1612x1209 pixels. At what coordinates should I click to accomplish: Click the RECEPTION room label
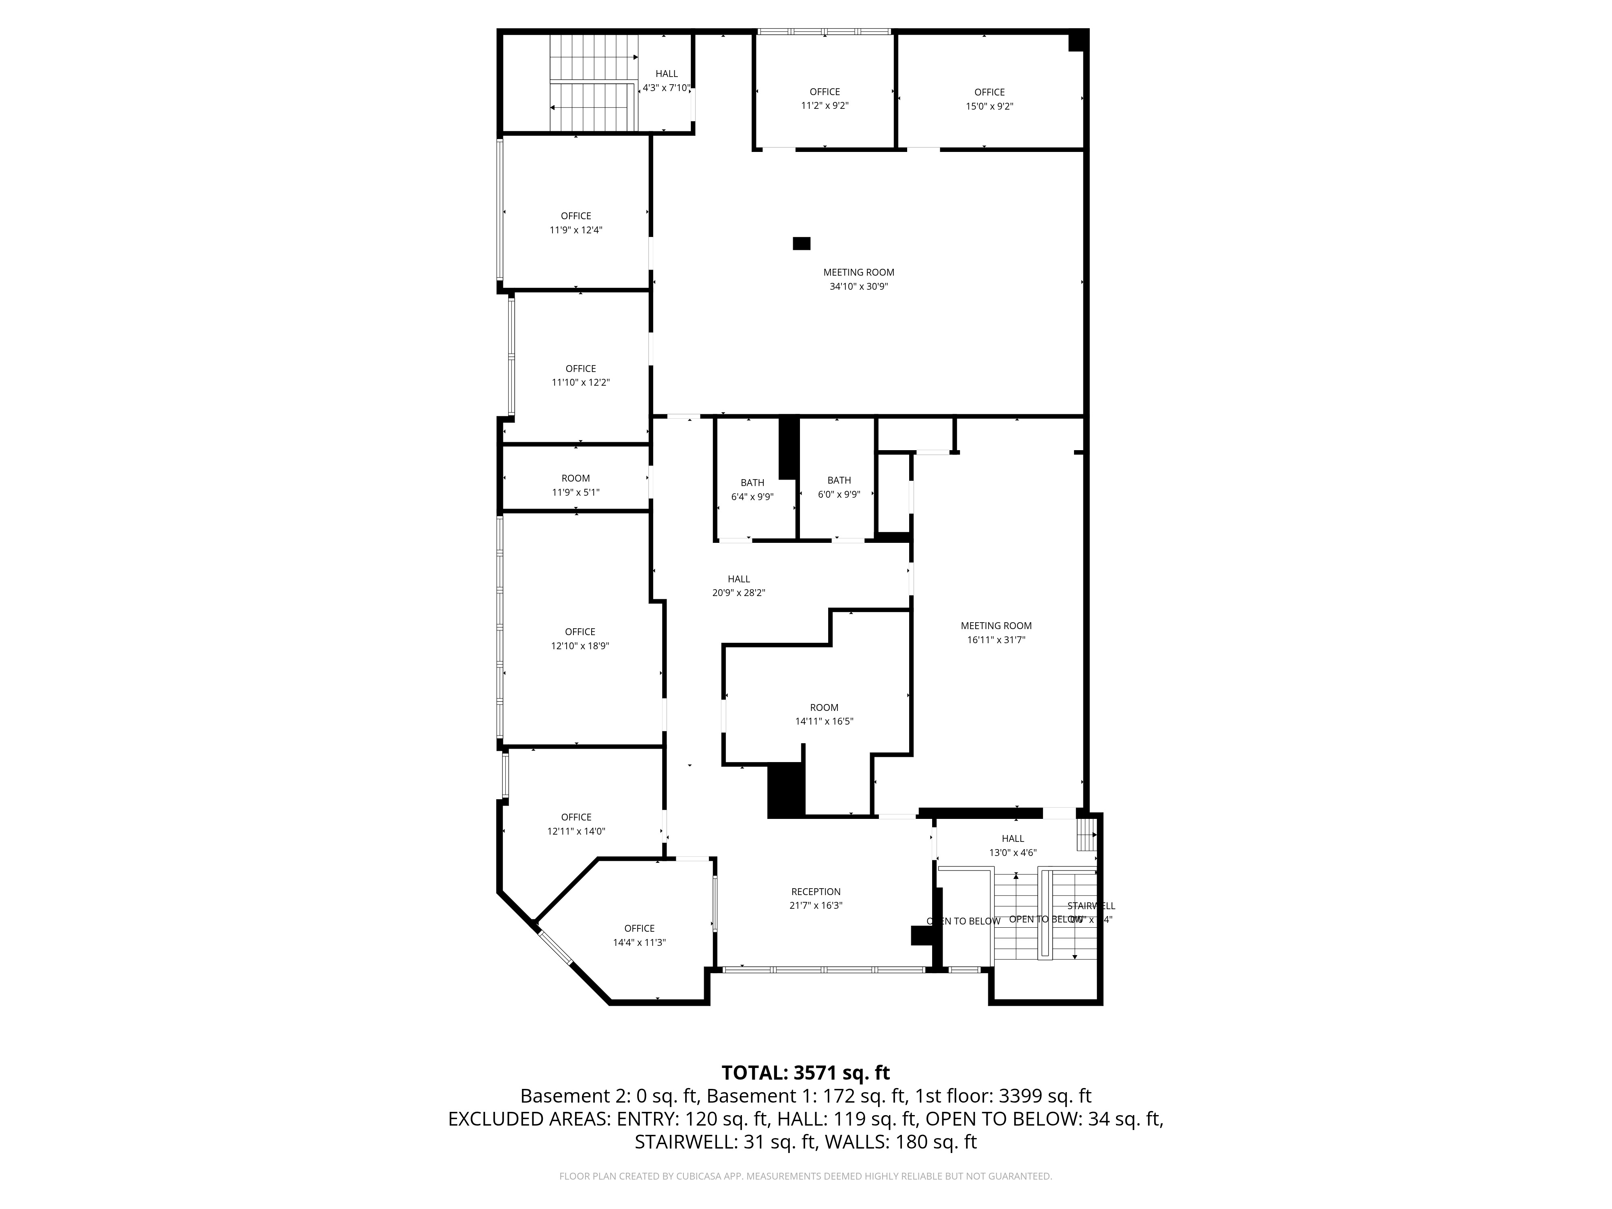816,891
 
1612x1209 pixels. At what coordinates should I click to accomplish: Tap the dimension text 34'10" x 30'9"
858,287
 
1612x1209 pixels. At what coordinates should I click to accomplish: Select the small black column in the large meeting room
801,243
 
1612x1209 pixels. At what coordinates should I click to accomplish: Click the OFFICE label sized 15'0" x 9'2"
989,92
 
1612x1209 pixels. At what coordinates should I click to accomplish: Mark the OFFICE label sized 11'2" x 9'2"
824,92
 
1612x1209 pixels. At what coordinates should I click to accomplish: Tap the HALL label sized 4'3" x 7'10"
666,74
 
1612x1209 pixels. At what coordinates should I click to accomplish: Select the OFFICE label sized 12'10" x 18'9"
580,632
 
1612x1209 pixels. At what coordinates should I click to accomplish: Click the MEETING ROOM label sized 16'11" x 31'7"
995,625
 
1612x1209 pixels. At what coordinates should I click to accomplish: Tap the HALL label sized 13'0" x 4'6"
1012,838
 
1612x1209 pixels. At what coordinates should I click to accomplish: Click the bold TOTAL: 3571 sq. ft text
805,1073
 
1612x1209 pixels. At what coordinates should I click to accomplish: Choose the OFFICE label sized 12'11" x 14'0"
576,817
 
